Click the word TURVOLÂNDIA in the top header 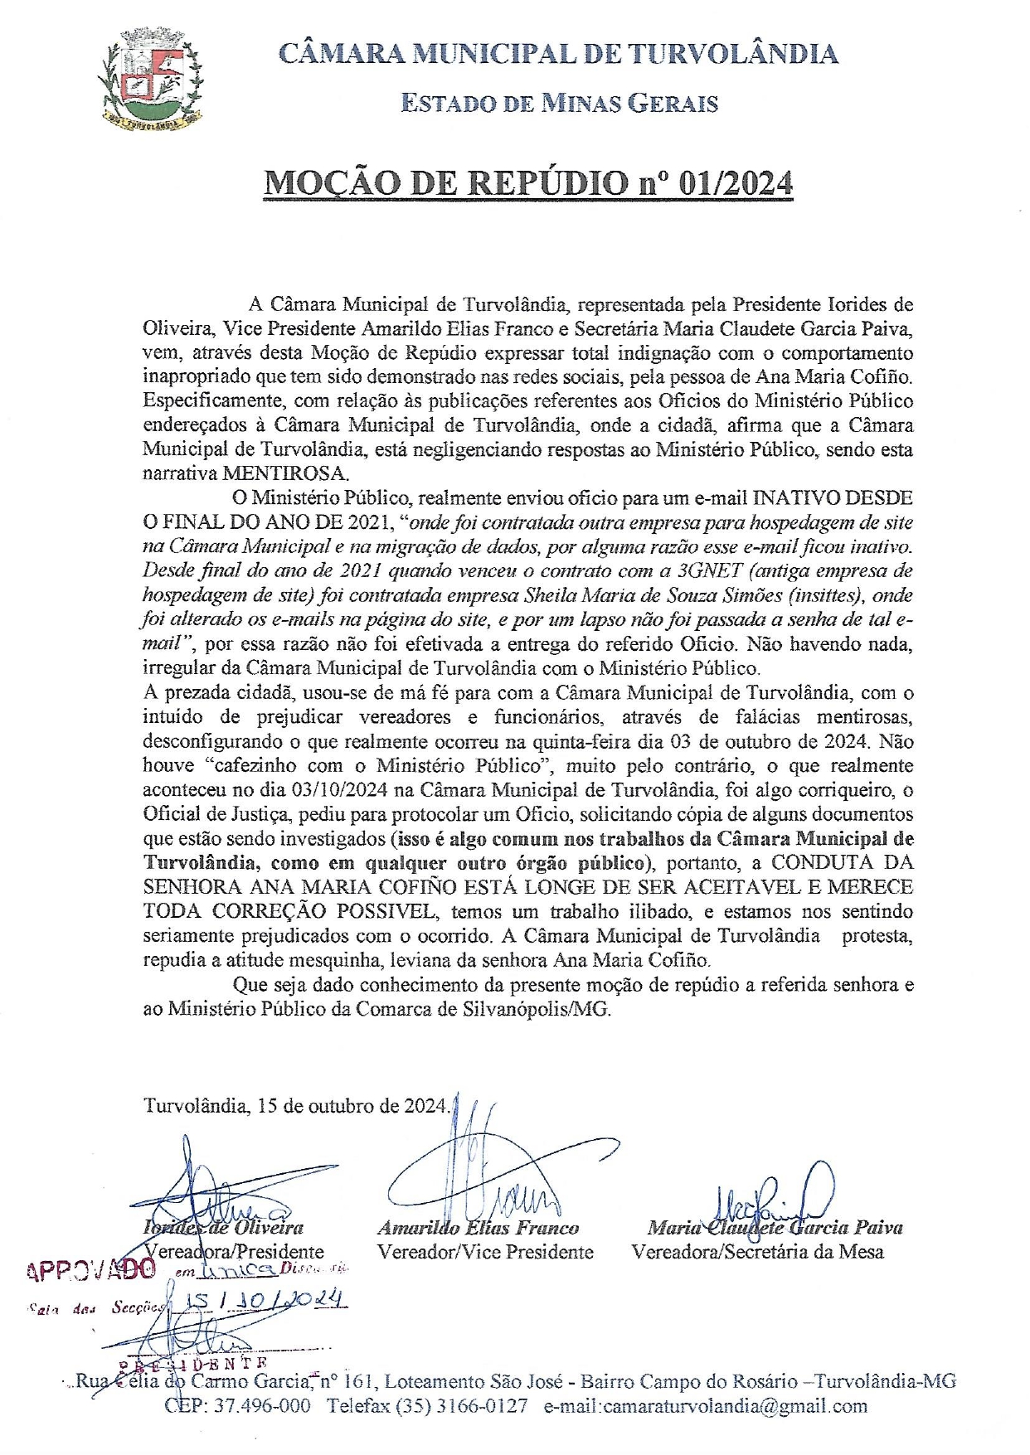coord(732,55)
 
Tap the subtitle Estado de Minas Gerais coord(559,104)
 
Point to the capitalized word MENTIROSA coord(284,474)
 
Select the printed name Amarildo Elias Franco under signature coord(478,1228)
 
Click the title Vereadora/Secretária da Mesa coord(757,1252)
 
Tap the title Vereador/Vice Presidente coord(485,1252)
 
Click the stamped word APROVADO coord(91,1270)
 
